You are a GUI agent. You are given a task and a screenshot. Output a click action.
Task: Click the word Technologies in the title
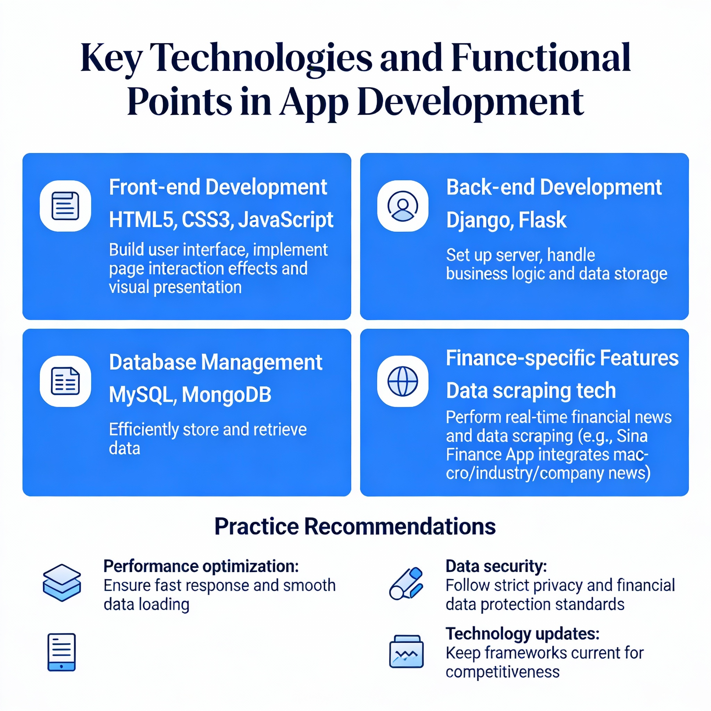261,58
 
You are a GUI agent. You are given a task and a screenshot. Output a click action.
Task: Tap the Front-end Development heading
218,187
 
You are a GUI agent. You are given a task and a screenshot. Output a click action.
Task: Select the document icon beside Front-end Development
65,206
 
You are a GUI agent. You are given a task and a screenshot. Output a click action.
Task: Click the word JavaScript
286,220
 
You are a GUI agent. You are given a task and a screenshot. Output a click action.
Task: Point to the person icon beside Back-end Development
403,206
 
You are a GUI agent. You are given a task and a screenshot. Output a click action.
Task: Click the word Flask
543,220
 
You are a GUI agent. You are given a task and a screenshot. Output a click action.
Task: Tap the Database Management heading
216,362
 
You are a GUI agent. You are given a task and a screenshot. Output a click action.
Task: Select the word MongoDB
226,395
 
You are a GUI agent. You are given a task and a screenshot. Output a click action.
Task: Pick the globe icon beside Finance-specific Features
403,381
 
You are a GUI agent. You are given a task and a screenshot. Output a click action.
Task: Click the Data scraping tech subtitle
531,391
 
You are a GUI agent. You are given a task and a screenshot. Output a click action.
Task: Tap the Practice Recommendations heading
355,526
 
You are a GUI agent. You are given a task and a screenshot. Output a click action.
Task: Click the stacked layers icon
62,583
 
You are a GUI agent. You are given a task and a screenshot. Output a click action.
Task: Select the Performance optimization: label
201,566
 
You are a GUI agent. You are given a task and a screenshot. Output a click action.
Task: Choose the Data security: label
496,566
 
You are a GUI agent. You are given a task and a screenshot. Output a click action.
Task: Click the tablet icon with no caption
61,652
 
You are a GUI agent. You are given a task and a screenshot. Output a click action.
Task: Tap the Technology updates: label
522,634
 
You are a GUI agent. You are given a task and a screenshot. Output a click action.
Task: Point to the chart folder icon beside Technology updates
406,651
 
